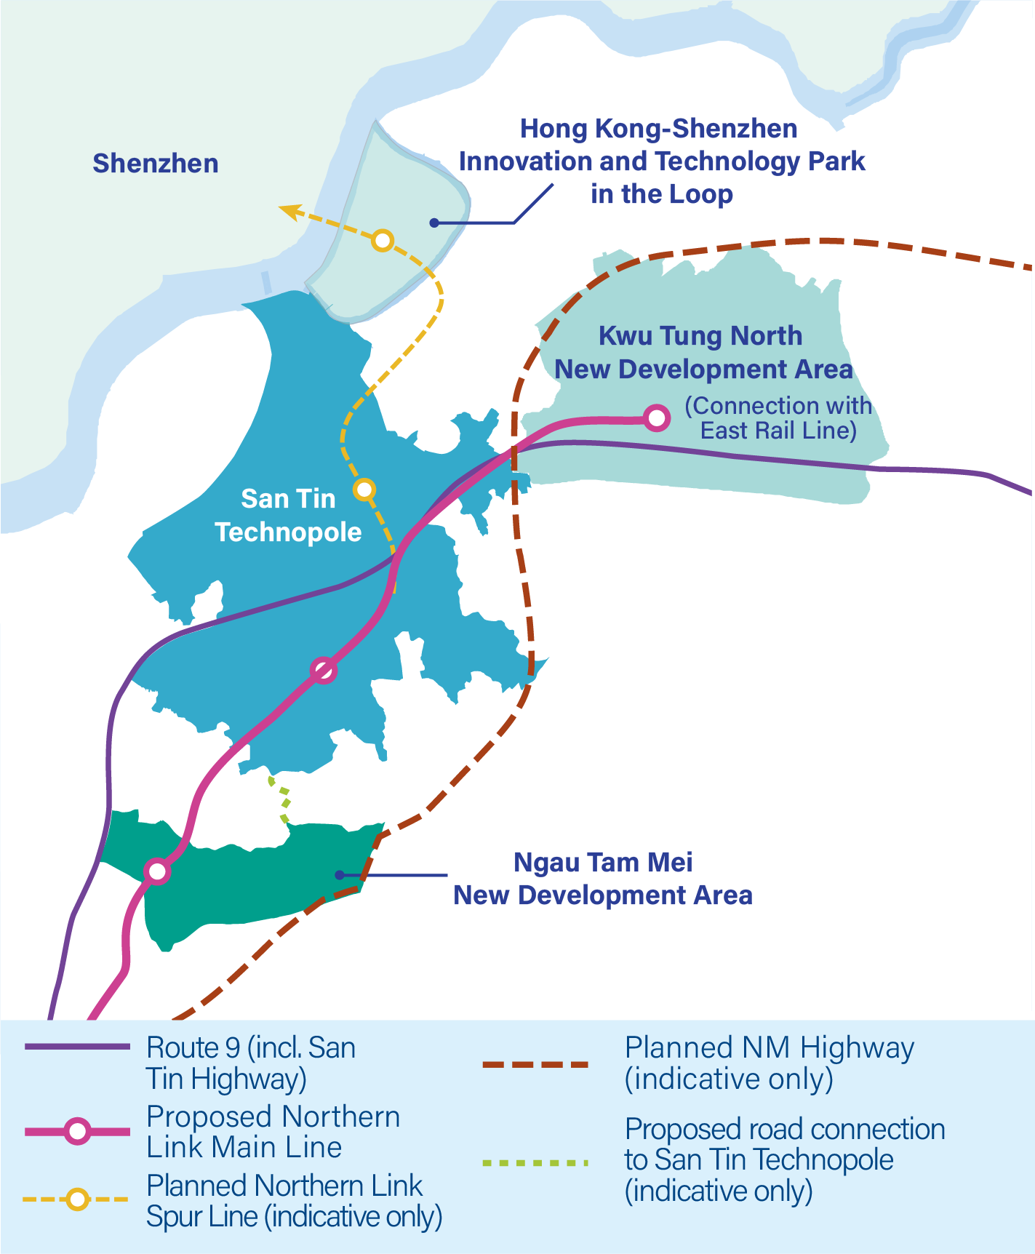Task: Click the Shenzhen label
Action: [x=156, y=164]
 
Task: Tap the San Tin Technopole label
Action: [x=288, y=516]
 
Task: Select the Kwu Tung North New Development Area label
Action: [x=703, y=353]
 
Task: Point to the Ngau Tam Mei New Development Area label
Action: [x=603, y=879]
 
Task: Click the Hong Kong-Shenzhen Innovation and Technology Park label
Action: [x=661, y=161]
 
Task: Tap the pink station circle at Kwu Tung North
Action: [x=656, y=418]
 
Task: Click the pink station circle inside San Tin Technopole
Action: [x=323, y=670]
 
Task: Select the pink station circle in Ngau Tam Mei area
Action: [x=157, y=871]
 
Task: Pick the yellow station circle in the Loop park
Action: [x=383, y=240]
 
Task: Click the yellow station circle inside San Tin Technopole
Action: [x=364, y=490]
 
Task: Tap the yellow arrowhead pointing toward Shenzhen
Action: [x=289, y=212]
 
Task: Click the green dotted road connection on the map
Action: [x=280, y=799]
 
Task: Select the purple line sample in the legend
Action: [x=77, y=1047]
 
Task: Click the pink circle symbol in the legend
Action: [x=77, y=1132]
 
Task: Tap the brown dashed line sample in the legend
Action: [x=535, y=1065]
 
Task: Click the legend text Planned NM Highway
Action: [x=770, y=1048]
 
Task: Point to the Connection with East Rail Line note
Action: [x=778, y=418]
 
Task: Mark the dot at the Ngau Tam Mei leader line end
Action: [x=339, y=874]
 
